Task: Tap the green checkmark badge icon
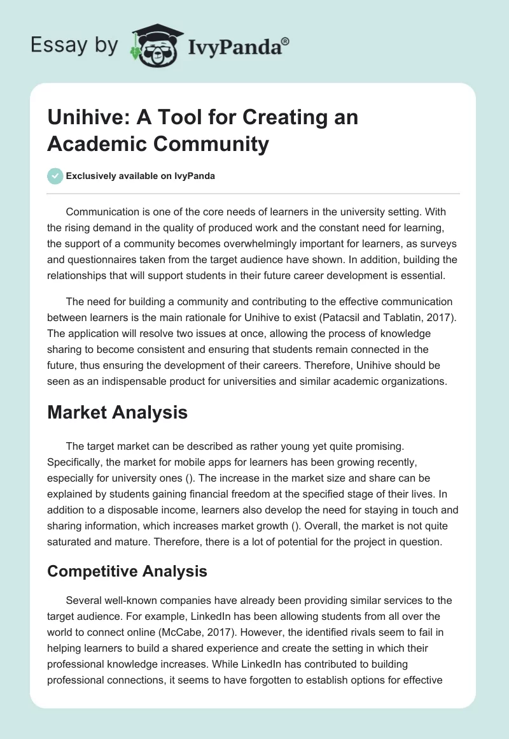(55, 176)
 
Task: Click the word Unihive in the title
(79, 117)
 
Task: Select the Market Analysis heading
(118, 412)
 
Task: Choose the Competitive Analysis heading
(127, 571)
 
